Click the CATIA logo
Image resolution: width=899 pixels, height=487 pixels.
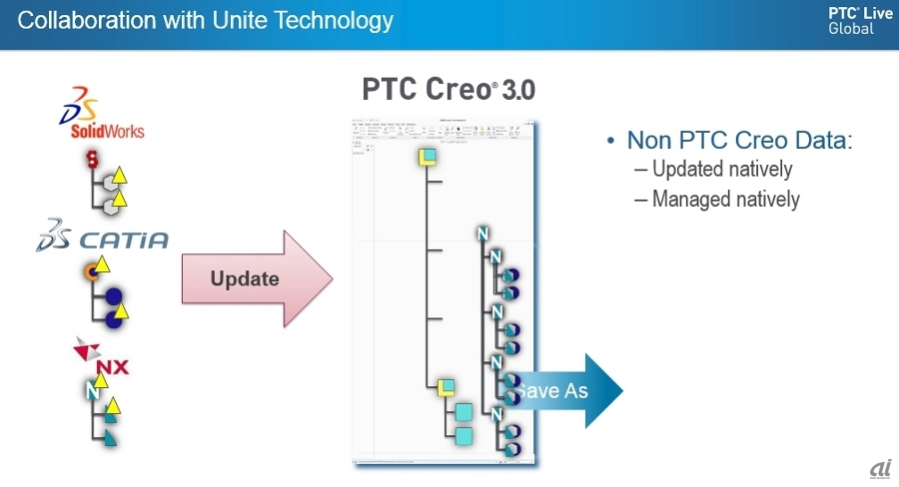(x=102, y=240)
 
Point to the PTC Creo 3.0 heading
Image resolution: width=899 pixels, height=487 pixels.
(x=449, y=91)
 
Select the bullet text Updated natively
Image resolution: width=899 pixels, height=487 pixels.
(x=722, y=170)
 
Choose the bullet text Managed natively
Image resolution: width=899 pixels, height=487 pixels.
(x=726, y=199)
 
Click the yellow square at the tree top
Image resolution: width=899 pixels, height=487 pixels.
(x=427, y=157)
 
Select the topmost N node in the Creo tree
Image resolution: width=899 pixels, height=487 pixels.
(x=484, y=235)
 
